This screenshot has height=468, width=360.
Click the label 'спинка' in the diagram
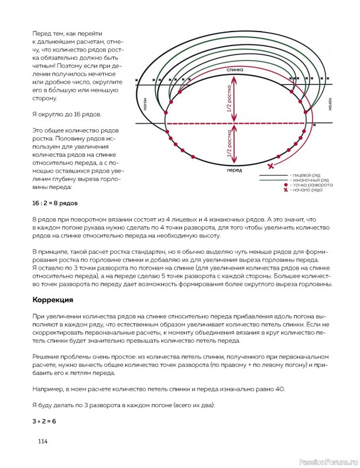coord(234,70)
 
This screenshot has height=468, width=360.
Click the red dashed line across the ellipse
coord(234,123)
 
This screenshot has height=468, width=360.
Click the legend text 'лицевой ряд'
coord(302,175)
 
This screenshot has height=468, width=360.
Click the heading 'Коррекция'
coord(52,300)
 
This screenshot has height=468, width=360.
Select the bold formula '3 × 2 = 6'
coord(44,421)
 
